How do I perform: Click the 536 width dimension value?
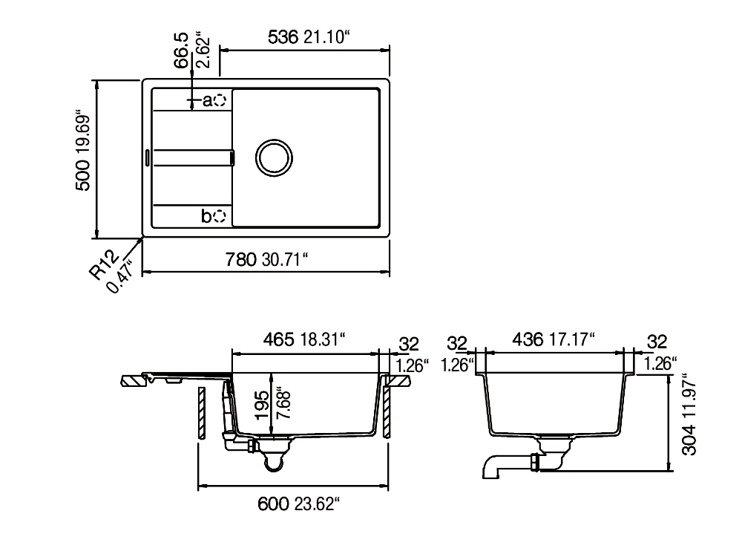[x=283, y=37]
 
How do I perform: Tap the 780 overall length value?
[x=240, y=259]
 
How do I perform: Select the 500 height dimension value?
[x=82, y=175]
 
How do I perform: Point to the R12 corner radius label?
[x=103, y=264]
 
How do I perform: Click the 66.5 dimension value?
[x=181, y=51]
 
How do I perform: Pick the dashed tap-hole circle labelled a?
[x=220, y=100]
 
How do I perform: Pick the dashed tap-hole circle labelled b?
[x=220, y=216]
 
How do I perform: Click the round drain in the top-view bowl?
[x=274, y=158]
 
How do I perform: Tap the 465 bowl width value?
[x=279, y=339]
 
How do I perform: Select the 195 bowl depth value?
[x=262, y=405]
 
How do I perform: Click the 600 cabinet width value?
[x=273, y=504]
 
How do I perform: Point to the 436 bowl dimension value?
[x=528, y=339]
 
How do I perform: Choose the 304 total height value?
[x=689, y=440]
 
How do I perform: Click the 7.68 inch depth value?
[x=283, y=405]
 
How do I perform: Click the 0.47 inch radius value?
[x=119, y=278]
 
